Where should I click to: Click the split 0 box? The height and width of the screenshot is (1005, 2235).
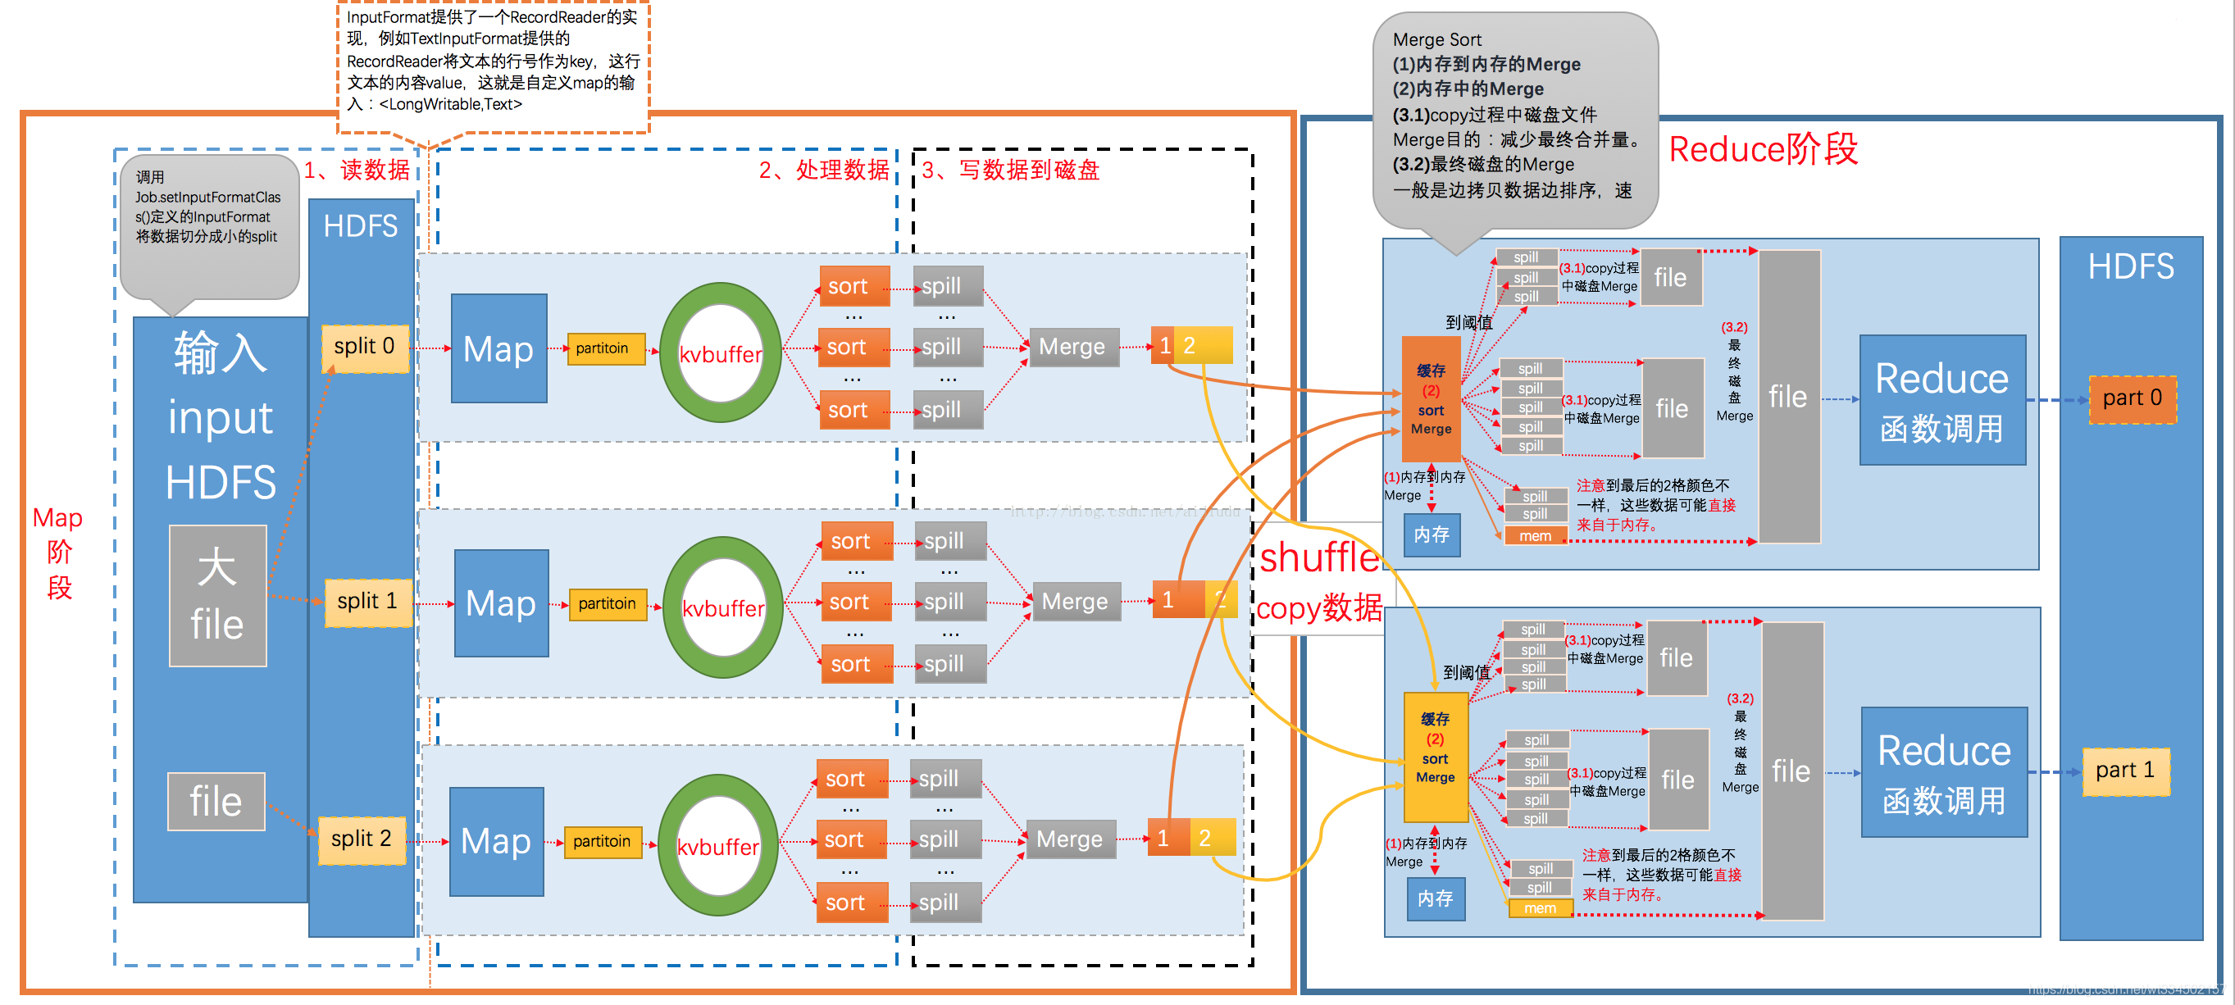pos(364,348)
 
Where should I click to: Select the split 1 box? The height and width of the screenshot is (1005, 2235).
pos(367,602)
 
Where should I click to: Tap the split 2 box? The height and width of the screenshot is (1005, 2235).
pos(361,839)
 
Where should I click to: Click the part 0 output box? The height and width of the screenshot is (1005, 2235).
pos(2132,399)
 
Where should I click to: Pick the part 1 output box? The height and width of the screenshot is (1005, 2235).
pos(2125,771)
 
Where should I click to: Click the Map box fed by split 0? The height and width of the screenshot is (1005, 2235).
pos(498,348)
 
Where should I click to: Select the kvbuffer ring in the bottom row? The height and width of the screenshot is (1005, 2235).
pos(717,845)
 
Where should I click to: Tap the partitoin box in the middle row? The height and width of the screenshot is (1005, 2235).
pos(607,603)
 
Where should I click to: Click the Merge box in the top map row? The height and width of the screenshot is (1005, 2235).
pos(1072,347)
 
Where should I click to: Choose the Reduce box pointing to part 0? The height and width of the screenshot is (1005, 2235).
pos(1941,401)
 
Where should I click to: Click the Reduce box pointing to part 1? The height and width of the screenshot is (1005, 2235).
pos(1943,771)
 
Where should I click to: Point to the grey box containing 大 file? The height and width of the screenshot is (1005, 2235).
pos(217,596)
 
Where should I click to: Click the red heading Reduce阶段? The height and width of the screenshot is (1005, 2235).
pos(1763,149)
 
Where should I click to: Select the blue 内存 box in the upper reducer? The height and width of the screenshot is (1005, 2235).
pos(1431,535)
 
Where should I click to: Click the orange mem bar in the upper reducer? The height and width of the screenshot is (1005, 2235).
pos(1535,537)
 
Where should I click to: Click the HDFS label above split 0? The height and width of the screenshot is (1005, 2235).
pos(360,226)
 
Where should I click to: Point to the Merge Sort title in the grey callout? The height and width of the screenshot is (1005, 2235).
pos(1436,40)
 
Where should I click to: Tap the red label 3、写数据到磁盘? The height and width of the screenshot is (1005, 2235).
pos(1011,170)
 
